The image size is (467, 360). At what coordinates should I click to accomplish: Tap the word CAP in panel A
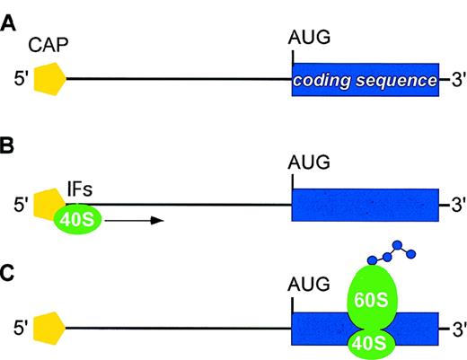[50, 46]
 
